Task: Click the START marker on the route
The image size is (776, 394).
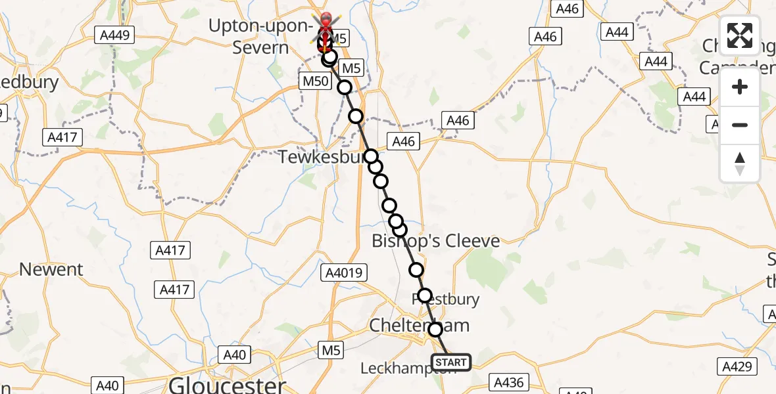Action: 450,362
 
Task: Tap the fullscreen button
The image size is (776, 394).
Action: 740,35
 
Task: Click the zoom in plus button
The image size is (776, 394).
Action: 740,87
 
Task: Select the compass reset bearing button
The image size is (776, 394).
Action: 740,163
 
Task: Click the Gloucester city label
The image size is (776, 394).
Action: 228,384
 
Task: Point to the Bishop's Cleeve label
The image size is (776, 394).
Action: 435,241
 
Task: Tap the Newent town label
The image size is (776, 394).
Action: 51,269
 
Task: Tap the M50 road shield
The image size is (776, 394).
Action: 313,81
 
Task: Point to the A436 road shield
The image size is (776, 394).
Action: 509,380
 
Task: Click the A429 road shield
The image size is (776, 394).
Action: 736,366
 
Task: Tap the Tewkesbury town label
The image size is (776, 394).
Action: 320,158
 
